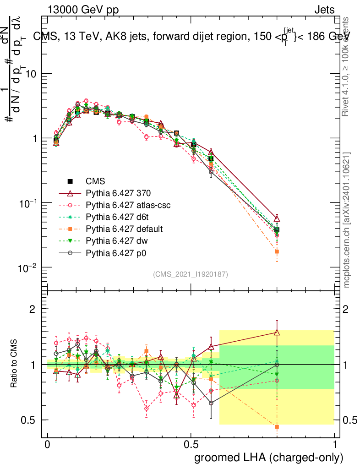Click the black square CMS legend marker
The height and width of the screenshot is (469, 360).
tap(71, 181)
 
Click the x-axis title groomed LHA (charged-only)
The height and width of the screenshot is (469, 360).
tap(269, 458)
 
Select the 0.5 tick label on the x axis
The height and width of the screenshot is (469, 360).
tap(191, 444)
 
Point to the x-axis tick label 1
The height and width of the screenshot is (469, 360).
tap(335, 444)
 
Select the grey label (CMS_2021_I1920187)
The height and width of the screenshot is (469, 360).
tap(190, 274)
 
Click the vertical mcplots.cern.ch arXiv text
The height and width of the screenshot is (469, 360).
tap(347, 220)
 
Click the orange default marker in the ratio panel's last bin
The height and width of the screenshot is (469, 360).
tap(277, 427)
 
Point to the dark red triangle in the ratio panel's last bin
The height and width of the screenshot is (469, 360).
tap(277, 332)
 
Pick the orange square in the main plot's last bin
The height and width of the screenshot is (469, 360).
tap(277, 251)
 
